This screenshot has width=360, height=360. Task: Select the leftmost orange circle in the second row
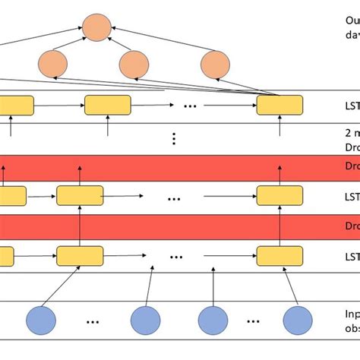point(53,63)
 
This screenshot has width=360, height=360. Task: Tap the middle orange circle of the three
point(134,64)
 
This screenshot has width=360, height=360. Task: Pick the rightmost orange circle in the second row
point(215,64)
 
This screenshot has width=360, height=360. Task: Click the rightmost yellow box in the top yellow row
point(279,105)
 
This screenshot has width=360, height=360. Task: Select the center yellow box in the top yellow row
point(108,105)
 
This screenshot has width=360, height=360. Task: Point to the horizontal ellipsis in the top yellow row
point(190,106)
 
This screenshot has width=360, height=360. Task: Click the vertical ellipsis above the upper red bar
point(175,138)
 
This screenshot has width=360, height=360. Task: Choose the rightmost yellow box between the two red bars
point(279,195)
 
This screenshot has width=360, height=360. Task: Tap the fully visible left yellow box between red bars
point(80,195)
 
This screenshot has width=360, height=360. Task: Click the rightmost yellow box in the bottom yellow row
point(279,255)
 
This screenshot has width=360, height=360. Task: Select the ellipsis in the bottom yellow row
point(176,256)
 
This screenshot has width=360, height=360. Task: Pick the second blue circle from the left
point(147,320)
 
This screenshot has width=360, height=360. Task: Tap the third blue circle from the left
point(214,320)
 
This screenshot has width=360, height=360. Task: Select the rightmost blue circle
point(297,320)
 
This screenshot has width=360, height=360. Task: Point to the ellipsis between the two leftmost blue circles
point(93,321)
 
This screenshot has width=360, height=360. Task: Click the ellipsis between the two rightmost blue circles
point(256,321)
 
